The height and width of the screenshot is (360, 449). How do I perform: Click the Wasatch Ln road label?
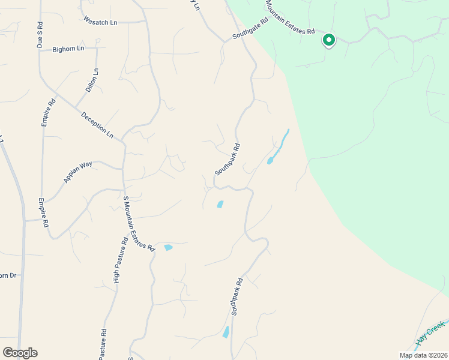(101, 22)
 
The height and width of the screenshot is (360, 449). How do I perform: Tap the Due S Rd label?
(40, 35)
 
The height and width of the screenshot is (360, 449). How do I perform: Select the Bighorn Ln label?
(68, 49)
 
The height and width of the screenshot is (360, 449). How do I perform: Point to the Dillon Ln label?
(91, 80)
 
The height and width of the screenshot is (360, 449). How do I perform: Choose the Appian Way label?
(78, 172)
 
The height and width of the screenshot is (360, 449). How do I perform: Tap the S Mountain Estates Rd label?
(139, 223)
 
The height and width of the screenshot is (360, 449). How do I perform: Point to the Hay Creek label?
(430, 332)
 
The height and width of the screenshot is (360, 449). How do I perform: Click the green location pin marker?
(328, 40)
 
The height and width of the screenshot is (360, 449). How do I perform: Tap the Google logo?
(20, 353)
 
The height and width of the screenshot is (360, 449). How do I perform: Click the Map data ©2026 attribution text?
(423, 355)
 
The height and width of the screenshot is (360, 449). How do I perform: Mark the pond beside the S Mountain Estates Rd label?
(168, 247)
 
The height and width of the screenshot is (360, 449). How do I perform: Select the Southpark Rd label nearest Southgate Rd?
(228, 159)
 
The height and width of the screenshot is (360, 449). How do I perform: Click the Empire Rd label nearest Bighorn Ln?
(49, 112)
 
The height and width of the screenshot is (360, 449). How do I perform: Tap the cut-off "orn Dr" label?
(8, 275)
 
